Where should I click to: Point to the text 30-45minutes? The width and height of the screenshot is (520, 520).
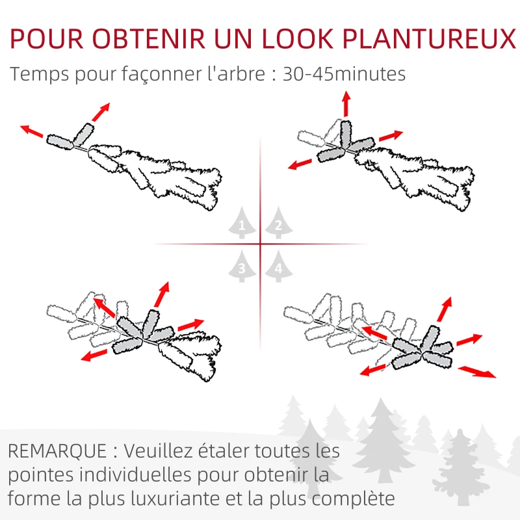[343, 73]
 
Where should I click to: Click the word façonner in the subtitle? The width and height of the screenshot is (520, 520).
[150, 74]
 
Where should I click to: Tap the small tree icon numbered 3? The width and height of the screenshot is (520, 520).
[242, 266]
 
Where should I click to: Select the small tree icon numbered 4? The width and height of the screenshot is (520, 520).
[278, 266]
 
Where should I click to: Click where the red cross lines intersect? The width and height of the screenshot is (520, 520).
[260, 244]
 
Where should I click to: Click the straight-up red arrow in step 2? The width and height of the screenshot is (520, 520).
[346, 104]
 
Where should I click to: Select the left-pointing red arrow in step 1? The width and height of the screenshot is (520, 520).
[32, 131]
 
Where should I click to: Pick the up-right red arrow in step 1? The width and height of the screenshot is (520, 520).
[100, 112]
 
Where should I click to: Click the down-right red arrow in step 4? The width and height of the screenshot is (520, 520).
[476, 371]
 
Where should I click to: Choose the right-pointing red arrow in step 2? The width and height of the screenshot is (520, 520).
[391, 135]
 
